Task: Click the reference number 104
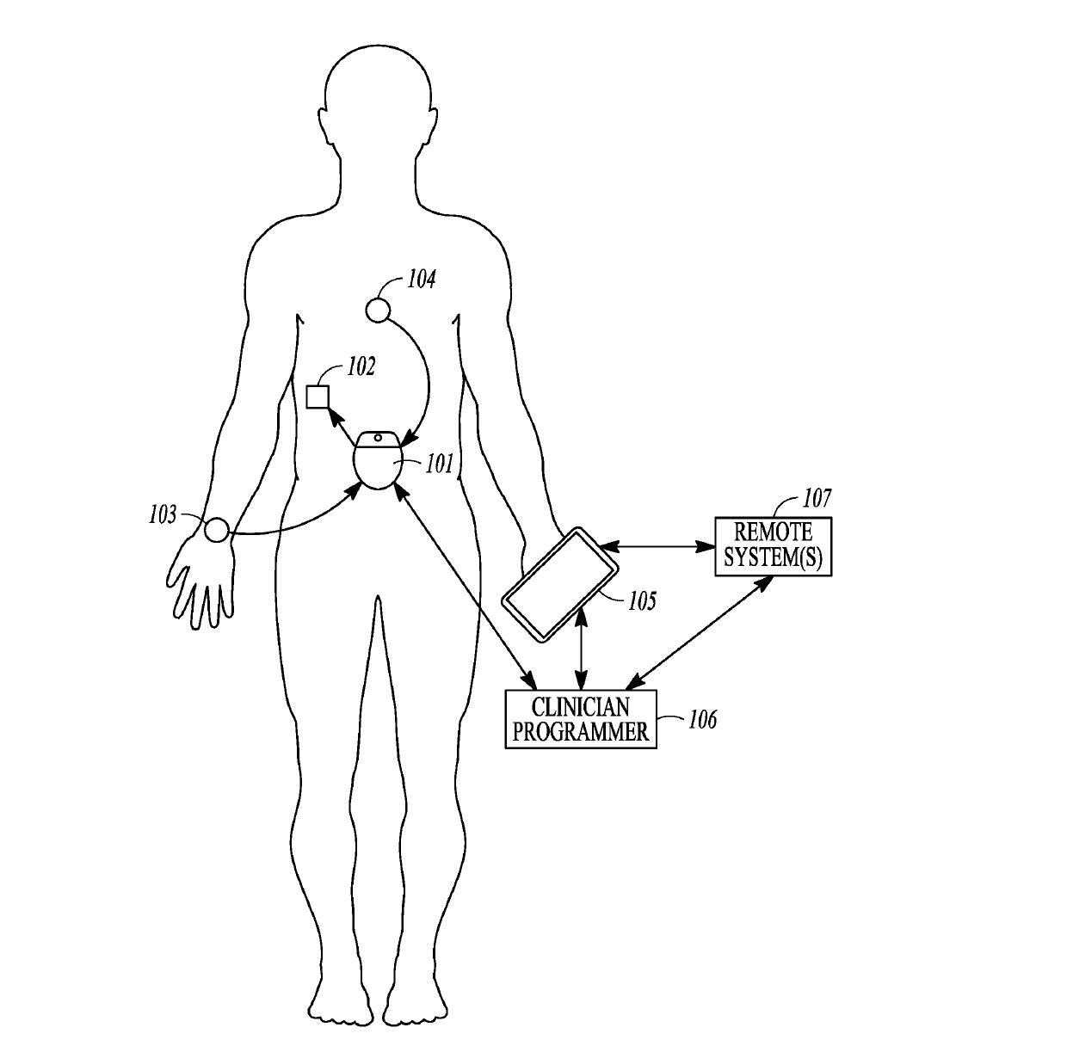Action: point(422,280)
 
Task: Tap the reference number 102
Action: point(361,367)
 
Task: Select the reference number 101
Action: point(439,464)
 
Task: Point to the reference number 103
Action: point(163,515)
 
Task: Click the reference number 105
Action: point(642,601)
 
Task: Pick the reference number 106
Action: point(702,720)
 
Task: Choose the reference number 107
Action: point(817,498)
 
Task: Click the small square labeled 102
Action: point(318,397)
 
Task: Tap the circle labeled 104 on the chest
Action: point(379,310)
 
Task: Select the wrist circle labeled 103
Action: point(217,530)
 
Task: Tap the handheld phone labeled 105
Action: point(560,585)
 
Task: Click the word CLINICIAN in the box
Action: point(581,708)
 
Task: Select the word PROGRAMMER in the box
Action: point(580,732)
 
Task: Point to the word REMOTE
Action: point(774,532)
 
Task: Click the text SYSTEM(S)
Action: point(774,557)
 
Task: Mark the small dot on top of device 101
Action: point(379,438)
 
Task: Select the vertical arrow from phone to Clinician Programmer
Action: point(581,647)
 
